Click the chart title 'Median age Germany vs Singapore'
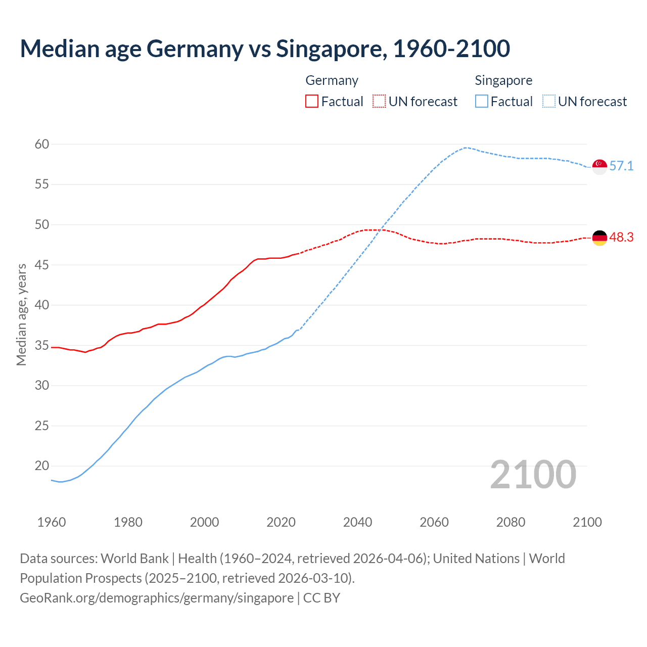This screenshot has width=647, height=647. click(265, 49)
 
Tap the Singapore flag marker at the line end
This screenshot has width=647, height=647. click(599, 166)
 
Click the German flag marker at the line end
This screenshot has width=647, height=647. click(599, 238)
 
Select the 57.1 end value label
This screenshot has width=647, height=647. click(621, 166)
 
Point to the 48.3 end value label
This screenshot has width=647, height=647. click(621, 238)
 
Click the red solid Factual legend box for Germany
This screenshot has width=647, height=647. click(312, 102)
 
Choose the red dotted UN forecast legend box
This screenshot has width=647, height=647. click(379, 102)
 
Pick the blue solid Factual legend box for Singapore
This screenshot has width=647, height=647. click(482, 102)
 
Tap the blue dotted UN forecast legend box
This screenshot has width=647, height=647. click(549, 102)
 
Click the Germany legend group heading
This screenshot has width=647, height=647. click(332, 80)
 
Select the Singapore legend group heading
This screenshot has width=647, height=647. click(503, 80)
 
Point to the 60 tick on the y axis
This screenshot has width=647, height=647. click(42, 145)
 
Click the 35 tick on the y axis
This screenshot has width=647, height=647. click(42, 346)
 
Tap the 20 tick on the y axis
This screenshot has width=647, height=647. click(42, 466)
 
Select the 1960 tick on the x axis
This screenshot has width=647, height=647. click(52, 522)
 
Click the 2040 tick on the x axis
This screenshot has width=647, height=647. click(357, 522)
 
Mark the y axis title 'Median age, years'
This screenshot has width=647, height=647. click(21, 314)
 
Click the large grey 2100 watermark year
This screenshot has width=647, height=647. click(533, 475)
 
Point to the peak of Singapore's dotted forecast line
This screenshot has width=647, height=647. click(465, 148)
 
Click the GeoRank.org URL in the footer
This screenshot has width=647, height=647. click(157, 598)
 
